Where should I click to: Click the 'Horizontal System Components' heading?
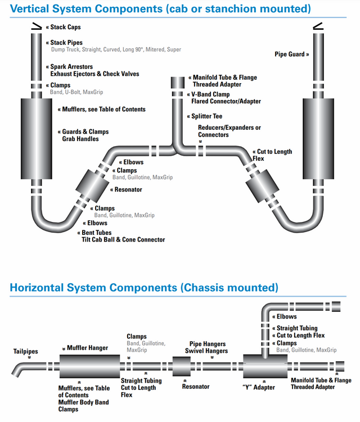[x=144, y=288]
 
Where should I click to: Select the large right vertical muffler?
[x=319, y=138]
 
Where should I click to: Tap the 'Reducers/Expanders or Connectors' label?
[x=229, y=131]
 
